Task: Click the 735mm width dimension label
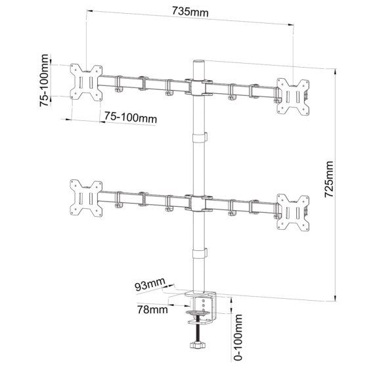tap(190, 12)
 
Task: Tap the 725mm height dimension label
tap(329, 179)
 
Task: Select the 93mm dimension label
tap(150, 284)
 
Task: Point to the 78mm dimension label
tap(152, 309)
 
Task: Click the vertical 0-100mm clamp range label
tap(238, 338)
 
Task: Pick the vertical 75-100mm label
tap(44, 80)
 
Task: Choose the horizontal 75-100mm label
tap(131, 118)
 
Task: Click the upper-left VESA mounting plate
tap(86, 82)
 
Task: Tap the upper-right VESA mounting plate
tap(294, 97)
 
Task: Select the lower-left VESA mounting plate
tap(86, 198)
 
